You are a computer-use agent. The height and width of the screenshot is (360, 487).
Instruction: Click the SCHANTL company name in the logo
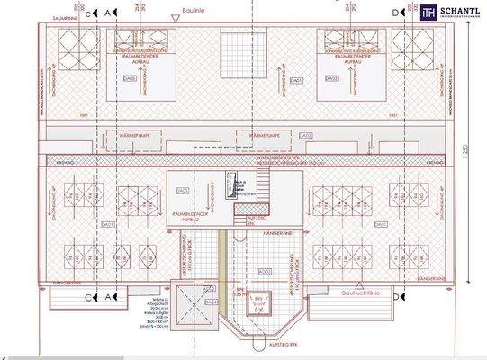457,10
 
